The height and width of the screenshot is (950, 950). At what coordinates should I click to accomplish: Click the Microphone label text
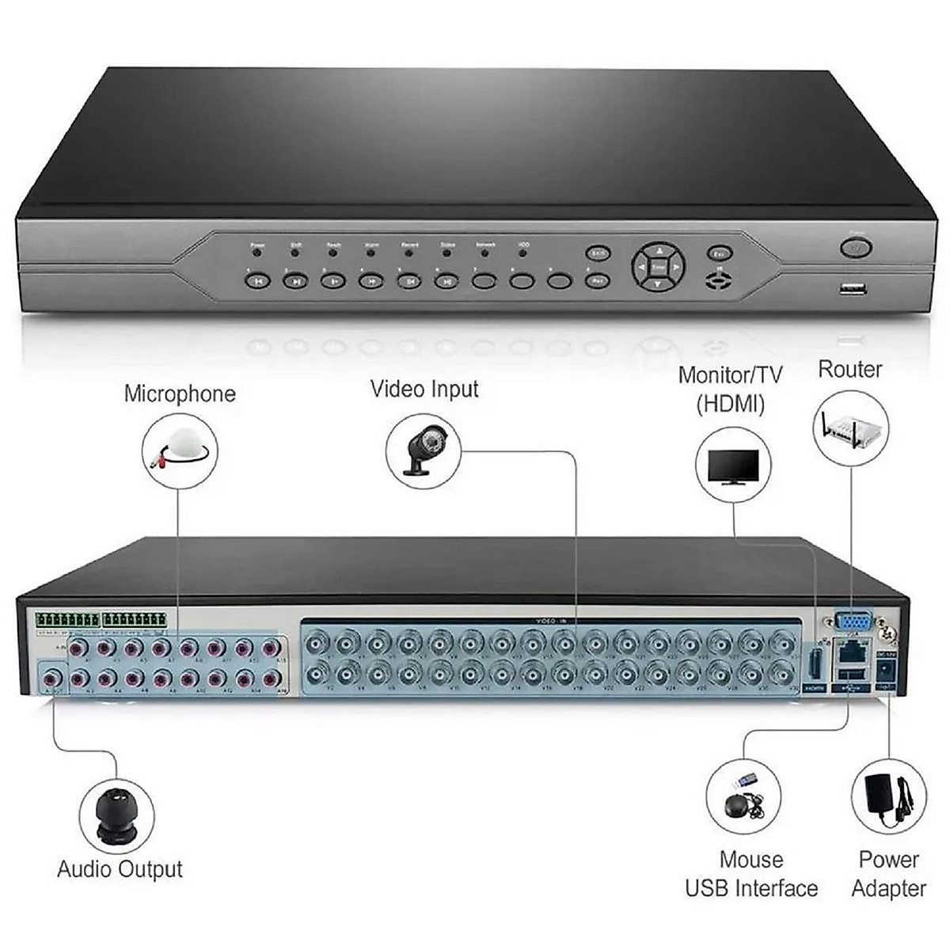pyautogui.click(x=180, y=393)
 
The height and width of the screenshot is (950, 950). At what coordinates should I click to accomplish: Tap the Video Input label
pyautogui.click(x=424, y=389)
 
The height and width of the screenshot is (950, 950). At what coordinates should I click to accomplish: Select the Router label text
pyautogui.click(x=849, y=369)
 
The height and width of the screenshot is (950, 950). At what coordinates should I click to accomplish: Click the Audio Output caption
pyautogui.click(x=120, y=868)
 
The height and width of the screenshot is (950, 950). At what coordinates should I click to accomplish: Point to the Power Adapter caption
pyautogui.click(x=888, y=873)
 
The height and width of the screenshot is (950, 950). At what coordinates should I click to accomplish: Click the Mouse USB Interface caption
pyautogui.click(x=751, y=873)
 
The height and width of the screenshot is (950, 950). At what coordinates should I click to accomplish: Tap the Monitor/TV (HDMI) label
pyautogui.click(x=730, y=389)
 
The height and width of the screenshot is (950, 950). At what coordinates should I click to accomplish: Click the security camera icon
pyautogui.click(x=424, y=450)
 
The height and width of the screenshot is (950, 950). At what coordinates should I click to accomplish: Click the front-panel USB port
pyautogui.click(x=853, y=289)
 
